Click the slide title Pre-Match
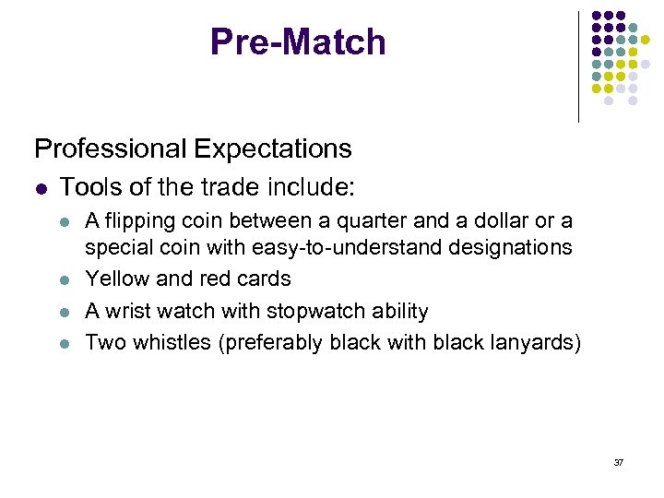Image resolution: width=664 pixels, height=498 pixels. coord(298,41)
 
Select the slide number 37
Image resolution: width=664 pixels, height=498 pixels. coord(618,461)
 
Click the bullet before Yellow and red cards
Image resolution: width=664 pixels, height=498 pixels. coord(64,279)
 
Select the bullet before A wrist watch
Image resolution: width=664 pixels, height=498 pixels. coord(64,312)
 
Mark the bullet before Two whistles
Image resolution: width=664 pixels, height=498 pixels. coord(64,344)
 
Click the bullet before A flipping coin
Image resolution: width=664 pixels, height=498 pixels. coord(64,222)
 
